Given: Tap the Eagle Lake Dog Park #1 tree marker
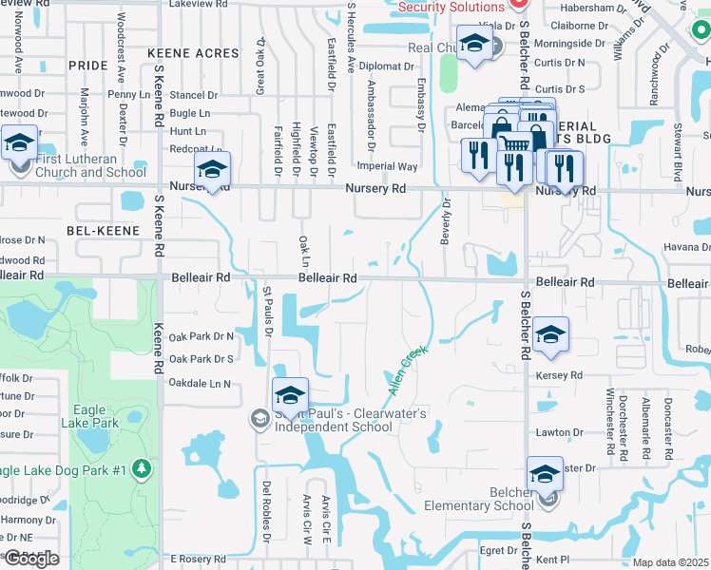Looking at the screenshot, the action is pos(142,468).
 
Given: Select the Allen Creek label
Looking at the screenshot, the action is pos(408,370).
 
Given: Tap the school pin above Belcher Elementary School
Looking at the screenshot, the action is pos(546,473).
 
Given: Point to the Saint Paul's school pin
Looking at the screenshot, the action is pos(291,394).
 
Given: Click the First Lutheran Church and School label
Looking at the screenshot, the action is pos(90,165).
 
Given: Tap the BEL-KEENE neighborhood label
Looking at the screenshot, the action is pos(104,231).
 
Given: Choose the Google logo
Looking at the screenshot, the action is pos(31,559).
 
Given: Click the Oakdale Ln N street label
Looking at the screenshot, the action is pos(201,384).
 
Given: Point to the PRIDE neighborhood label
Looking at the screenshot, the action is pos(88,65).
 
